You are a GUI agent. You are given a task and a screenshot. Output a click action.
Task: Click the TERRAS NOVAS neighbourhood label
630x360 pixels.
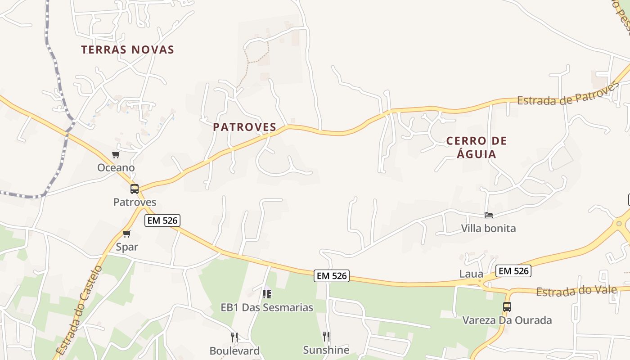click(127, 49)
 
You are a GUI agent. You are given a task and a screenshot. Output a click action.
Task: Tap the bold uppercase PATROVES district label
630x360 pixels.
click(244, 127)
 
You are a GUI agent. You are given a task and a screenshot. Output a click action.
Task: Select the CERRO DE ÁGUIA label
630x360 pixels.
click(477, 148)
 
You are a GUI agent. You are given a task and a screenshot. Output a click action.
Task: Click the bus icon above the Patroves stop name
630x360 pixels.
click(135, 189)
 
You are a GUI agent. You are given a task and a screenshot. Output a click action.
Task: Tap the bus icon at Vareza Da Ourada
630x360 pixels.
click(507, 307)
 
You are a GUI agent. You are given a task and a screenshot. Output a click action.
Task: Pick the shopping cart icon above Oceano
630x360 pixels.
click(116, 155)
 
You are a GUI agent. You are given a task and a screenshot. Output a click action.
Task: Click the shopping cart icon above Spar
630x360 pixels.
click(127, 234)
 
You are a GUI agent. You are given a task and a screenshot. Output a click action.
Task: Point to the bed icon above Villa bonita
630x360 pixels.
click(489, 215)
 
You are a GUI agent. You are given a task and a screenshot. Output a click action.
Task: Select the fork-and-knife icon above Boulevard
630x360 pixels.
click(234, 337)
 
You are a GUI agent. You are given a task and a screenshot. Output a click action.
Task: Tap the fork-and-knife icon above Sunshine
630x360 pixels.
click(326, 336)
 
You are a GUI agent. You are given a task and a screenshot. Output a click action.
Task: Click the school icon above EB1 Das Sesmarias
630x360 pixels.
click(267, 294)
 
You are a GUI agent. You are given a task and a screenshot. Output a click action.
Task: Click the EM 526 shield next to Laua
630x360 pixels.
click(513, 271)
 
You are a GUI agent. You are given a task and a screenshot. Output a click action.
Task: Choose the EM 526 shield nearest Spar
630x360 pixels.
click(162, 220)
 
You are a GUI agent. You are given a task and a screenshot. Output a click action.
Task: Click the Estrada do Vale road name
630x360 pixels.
click(576, 291)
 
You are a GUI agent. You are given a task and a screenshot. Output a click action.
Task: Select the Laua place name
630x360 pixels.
click(471, 274)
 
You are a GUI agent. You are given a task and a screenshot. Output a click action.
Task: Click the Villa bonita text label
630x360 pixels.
click(488, 228)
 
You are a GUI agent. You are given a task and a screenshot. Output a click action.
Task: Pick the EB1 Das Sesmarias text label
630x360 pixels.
click(267, 307)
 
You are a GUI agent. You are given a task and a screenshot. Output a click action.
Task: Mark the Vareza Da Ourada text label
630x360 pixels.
click(507, 320)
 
